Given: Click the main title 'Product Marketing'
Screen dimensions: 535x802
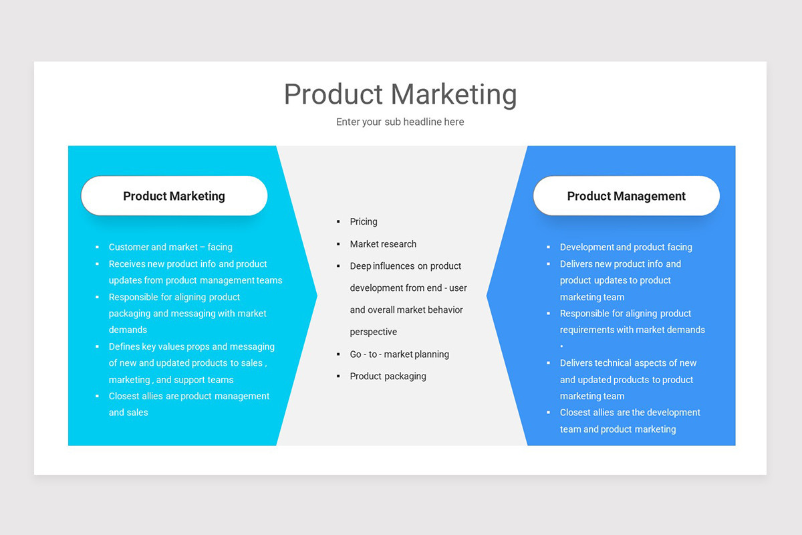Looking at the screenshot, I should (x=400, y=94).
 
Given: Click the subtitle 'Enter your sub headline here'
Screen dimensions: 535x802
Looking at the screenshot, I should (x=400, y=122).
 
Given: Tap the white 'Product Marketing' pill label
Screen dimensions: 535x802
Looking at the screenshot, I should (x=174, y=196).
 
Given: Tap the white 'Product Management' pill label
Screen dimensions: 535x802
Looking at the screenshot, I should (x=626, y=196).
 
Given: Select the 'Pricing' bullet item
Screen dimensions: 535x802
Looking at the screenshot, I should (x=364, y=222).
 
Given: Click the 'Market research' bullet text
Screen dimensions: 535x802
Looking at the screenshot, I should (x=383, y=244).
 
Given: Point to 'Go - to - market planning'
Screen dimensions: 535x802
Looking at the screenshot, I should (x=399, y=354).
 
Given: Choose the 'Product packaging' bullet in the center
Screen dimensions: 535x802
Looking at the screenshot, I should (x=388, y=377).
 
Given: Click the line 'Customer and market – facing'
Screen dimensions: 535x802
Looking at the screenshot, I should (x=170, y=247).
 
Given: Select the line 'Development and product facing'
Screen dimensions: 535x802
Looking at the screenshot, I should (x=626, y=247).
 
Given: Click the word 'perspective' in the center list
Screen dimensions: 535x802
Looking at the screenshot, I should (x=373, y=332).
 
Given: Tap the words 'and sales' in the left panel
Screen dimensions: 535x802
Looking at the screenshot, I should (x=128, y=413).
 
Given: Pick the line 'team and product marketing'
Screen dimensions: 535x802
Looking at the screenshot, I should (x=618, y=429).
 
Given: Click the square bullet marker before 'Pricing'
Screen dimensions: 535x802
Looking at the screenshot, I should (x=338, y=222).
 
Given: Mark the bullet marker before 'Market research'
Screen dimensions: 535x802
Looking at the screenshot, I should (x=338, y=244).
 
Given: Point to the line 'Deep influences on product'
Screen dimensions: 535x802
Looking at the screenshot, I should (x=405, y=266).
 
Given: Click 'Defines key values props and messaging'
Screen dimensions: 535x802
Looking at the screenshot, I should (x=191, y=347).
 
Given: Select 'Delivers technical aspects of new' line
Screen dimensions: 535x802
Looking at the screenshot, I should (x=628, y=363).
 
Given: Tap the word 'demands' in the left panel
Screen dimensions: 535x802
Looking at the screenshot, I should (x=128, y=330).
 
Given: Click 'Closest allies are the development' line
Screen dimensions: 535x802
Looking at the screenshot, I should (x=630, y=413).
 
